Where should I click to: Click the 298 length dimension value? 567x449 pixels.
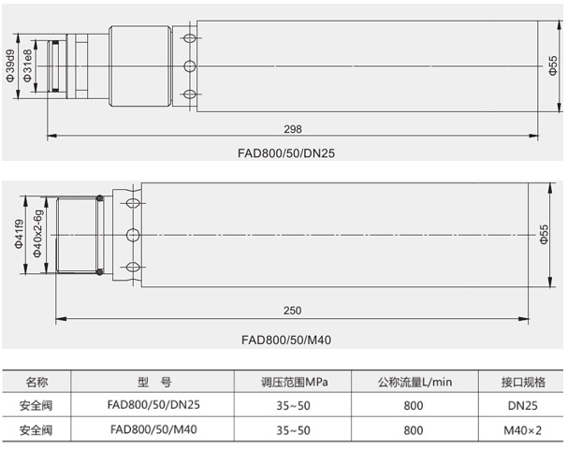coord(293,129)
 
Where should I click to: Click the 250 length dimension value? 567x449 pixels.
coord(292,311)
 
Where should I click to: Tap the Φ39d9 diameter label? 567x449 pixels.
coord(10,65)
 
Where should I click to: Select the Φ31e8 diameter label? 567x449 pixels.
coord(27,65)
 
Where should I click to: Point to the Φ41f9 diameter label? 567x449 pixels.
coord(19,234)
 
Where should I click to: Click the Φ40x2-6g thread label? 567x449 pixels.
coord(37,234)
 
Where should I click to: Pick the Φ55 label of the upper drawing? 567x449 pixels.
coord(553,65)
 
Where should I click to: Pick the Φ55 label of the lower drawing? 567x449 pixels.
coord(544,234)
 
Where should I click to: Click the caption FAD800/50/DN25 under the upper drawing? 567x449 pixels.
coord(286,153)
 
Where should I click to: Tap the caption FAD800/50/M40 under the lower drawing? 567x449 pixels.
coord(286,340)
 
